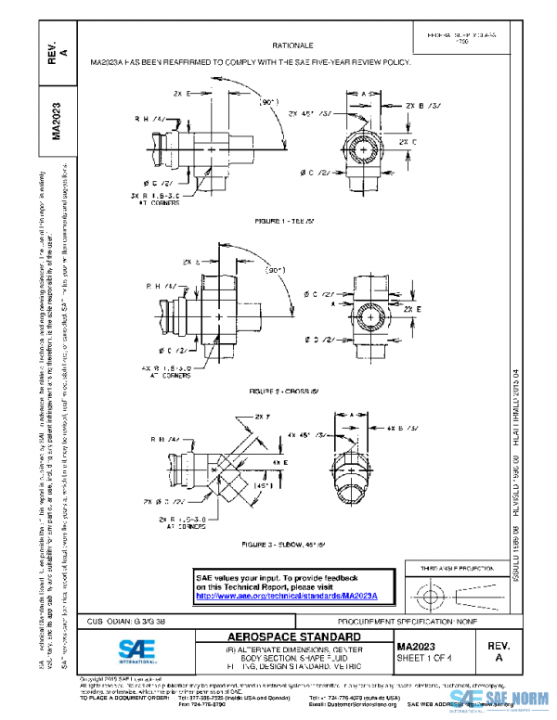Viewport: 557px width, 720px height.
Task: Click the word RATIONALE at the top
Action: click(x=291, y=45)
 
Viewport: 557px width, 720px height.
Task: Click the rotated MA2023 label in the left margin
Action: click(x=57, y=122)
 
